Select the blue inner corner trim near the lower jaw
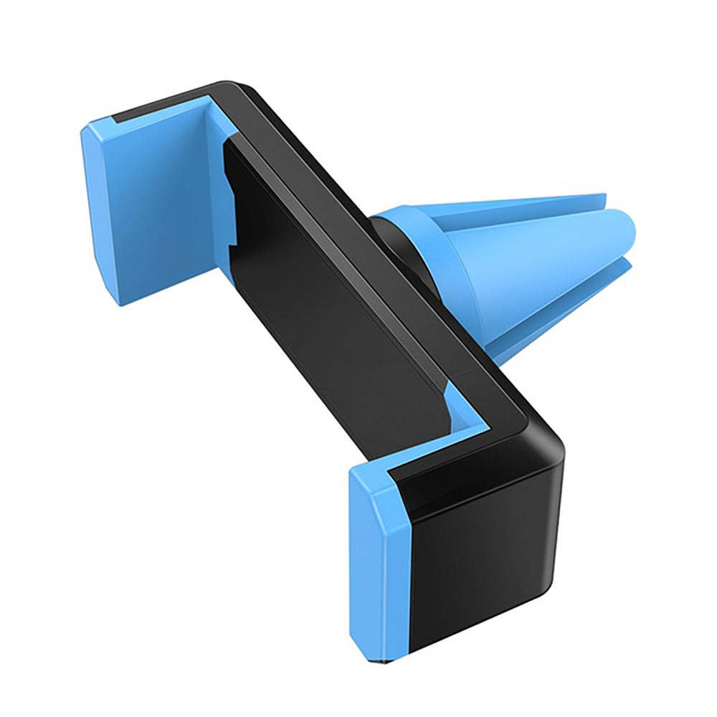pos(459,409)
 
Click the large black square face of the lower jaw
pos(488,559)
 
